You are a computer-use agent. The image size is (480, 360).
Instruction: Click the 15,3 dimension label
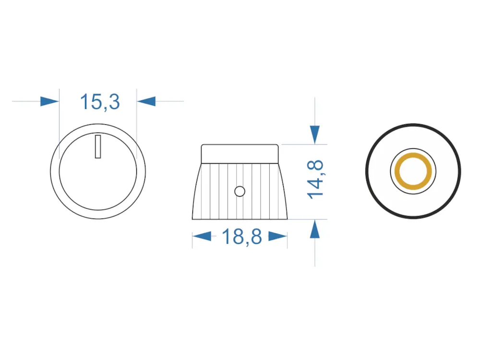click(100, 102)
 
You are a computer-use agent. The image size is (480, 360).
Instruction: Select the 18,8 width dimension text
click(242, 236)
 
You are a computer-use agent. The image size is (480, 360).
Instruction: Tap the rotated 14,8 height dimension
click(315, 180)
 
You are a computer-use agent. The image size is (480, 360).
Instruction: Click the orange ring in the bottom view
click(413, 156)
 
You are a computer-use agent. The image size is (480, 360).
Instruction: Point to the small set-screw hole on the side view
click(240, 192)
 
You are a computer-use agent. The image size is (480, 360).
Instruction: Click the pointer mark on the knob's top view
click(98, 146)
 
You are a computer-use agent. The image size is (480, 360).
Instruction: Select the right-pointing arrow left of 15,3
click(49, 101)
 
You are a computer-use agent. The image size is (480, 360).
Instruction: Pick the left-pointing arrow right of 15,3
click(146, 101)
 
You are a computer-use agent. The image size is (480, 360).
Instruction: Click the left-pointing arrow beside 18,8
click(202, 236)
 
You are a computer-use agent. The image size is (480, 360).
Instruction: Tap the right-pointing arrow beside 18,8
click(277, 236)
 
